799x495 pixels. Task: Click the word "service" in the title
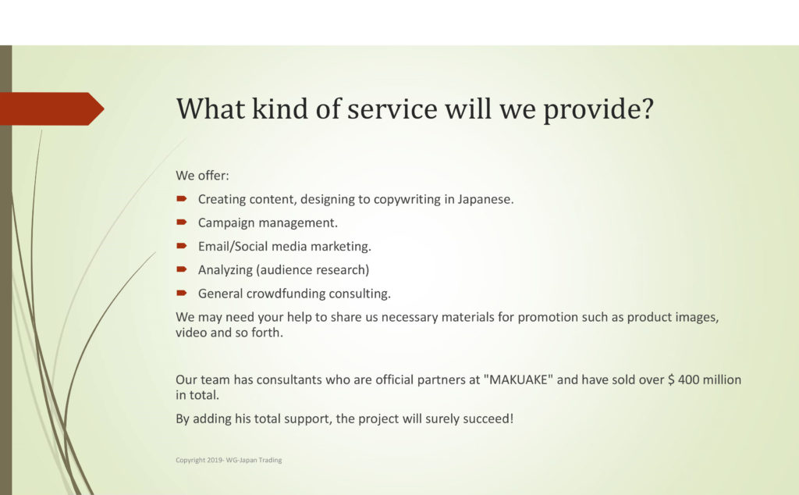point(392,109)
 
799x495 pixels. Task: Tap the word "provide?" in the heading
point(598,109)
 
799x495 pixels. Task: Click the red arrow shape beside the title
point(52,109)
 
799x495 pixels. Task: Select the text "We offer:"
point(202,176)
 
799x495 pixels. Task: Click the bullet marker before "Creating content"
point(182,198)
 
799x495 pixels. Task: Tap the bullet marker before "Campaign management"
point(182,222)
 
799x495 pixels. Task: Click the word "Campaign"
point(226,223)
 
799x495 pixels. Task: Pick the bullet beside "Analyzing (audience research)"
point(182,269)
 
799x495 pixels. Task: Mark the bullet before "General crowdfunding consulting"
point(182,293)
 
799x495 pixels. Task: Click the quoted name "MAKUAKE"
point(518,379)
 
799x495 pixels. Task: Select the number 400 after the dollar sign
point(688,379)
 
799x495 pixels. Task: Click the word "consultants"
point(289,379)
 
